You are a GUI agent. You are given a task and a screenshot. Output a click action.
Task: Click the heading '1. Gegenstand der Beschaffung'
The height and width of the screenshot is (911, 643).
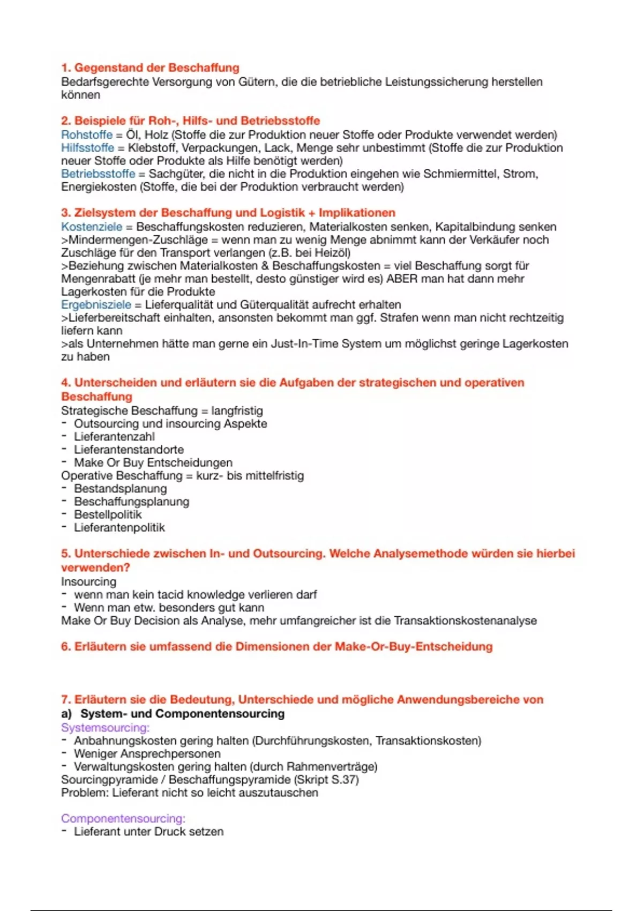[x=150, y=68]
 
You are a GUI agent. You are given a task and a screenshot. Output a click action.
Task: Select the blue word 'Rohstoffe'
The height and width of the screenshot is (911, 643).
[x=87, y=135]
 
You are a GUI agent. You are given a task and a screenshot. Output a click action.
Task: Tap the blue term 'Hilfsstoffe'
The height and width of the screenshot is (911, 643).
[x=87, y=148]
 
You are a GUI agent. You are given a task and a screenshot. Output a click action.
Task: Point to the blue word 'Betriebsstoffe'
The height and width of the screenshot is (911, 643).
[x=98, y=174]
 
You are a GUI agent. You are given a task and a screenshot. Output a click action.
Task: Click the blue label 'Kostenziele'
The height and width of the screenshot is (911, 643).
[x=92, y=227]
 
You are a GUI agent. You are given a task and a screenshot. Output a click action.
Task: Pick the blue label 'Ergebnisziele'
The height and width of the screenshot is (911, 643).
[x=96, y=305]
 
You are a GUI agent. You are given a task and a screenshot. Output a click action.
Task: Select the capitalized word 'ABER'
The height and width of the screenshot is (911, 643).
[x=401, y=279]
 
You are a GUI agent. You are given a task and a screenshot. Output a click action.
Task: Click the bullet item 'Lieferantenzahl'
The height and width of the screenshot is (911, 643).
[x=114, y=437]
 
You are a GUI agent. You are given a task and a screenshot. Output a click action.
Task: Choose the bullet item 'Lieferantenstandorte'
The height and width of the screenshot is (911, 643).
[x=129, y=450]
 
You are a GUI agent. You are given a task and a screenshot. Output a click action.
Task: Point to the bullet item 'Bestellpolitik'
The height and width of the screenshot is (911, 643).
[x=108, y=515]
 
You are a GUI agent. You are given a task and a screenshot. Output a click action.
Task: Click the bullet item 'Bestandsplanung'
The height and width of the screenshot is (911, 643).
[x=120, y=489]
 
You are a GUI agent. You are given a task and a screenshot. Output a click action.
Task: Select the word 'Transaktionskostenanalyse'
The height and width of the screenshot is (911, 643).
[x=465, y=621]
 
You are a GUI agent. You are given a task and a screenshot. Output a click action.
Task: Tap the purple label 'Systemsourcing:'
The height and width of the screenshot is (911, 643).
[x=105, y=728]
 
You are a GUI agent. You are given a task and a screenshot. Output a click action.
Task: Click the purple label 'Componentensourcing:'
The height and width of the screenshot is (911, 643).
[x=123, y=819]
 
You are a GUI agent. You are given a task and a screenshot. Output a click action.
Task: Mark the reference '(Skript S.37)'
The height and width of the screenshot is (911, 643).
[x=326, y=780]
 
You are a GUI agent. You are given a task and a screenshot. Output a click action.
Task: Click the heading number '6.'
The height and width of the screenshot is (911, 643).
[x=66, y=647]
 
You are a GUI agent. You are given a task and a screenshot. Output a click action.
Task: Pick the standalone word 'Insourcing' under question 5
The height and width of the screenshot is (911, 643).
[x=88, y=582]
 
